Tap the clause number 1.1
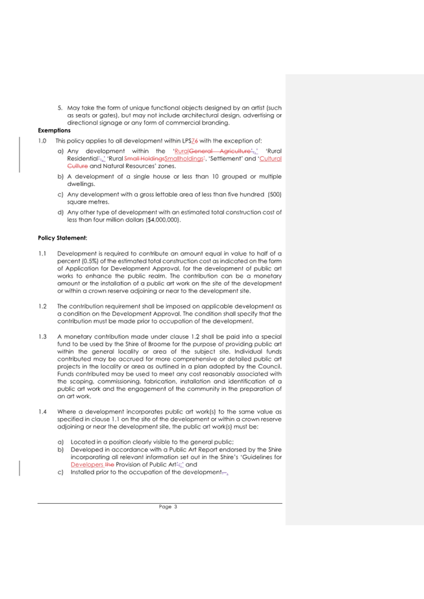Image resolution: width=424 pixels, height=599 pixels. pos(42,253)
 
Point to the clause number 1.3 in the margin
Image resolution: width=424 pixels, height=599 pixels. pos(42,336)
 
